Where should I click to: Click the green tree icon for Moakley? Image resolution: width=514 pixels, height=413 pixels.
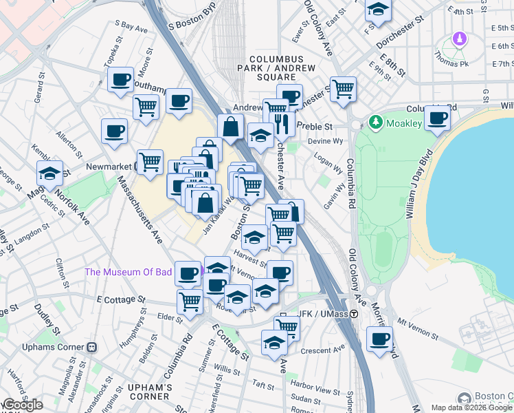375,123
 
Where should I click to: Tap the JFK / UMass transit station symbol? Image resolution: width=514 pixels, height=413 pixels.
354,314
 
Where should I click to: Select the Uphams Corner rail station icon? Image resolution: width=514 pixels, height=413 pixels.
91,348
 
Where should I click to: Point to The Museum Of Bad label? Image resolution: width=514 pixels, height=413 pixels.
128,272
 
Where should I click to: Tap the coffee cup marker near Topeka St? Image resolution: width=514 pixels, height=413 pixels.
122,79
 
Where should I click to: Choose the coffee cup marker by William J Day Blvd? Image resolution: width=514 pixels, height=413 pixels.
437,118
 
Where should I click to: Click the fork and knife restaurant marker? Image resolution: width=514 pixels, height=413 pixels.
282,123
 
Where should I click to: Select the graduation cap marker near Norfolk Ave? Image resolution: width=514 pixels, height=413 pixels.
49,174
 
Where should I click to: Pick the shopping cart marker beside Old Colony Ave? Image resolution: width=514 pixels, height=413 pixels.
343,88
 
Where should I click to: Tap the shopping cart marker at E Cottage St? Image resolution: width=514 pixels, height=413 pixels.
190,300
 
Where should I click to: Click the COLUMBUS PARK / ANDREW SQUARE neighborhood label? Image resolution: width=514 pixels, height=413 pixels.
282,68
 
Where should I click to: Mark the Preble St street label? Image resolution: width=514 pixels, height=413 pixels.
318,127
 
